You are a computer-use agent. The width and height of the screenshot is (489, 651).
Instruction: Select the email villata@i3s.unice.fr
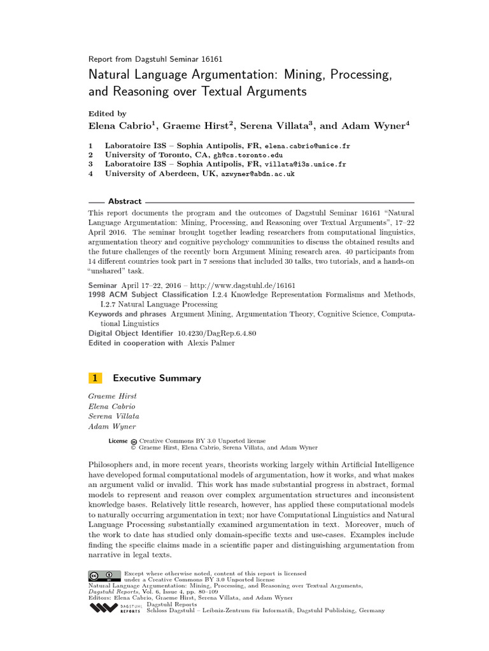[306, 164]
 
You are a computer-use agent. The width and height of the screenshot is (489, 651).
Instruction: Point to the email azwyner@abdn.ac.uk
[257, 173]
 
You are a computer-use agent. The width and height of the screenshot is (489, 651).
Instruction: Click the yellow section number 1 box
[95, 378]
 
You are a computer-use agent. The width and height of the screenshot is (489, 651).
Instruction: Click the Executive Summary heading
[157, 378]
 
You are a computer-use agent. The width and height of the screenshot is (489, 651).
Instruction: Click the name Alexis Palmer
[211, 343]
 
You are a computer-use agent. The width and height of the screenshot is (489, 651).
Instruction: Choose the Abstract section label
[125, 202]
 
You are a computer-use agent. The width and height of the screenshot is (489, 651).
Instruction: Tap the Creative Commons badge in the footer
[104, 576]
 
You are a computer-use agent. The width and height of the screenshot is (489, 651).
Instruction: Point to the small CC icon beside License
[134, 441]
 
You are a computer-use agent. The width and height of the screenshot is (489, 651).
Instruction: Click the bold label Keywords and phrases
[127, 314]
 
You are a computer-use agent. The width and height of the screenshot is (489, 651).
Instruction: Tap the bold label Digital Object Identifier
[131, 333]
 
